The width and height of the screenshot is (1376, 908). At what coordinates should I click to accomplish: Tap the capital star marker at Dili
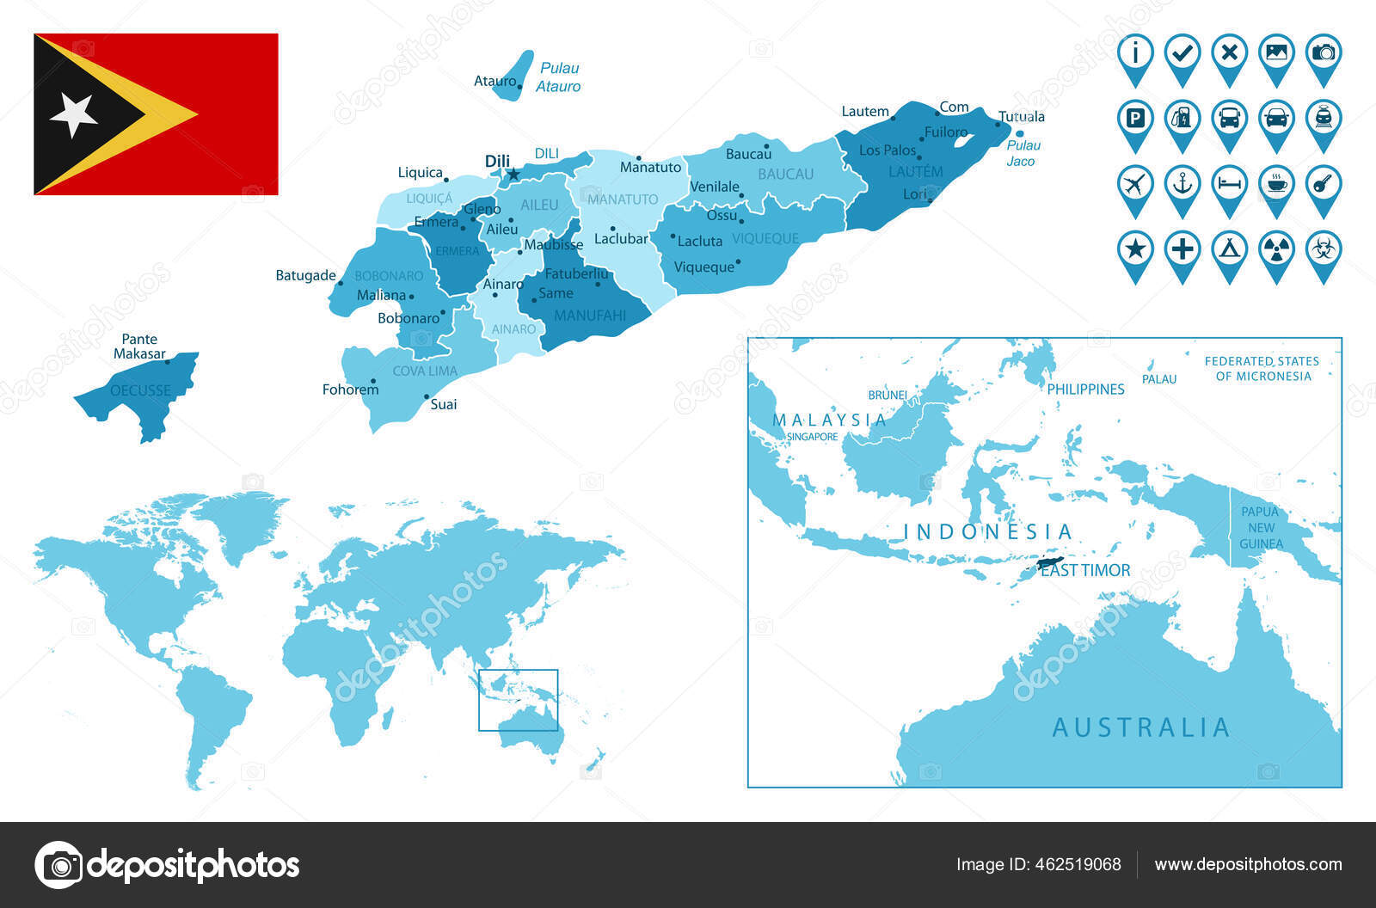(x=513, y=175)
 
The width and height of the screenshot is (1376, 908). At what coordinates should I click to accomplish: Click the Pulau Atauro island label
(x=558, y=77)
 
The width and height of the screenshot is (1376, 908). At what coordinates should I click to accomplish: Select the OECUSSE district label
(x=140, y=390)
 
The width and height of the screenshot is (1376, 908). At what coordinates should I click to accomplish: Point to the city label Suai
(x=444, y=404)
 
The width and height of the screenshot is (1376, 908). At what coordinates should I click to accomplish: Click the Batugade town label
(x=305, y=275)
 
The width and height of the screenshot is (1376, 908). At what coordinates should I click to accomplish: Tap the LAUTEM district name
(x=915, y=171)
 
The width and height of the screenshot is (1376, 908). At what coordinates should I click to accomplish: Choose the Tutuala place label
(x=1022, y=116)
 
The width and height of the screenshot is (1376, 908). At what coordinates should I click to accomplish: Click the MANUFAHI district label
(x=590, y=316)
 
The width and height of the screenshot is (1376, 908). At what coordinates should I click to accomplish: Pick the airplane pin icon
(x=1135, y=184)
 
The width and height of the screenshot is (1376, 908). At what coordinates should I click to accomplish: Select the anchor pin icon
(x=1182, y=184)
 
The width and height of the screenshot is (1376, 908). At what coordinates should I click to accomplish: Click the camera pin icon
(x=1324, y=53)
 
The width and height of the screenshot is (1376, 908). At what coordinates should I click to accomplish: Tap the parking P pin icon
(x=1135, y=119)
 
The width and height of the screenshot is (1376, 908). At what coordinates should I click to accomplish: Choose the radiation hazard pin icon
(x=1276, y=250)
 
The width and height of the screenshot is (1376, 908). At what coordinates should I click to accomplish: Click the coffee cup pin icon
(x=1276, y=184)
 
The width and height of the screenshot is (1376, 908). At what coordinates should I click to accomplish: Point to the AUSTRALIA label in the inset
(x=1140, y=727)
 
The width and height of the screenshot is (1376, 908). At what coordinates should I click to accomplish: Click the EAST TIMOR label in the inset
(x=1085, y=570)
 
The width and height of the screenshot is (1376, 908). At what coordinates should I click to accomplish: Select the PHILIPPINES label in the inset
(x=1085, y=389)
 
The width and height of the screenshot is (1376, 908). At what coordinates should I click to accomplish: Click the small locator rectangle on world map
(x=518, y=700)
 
